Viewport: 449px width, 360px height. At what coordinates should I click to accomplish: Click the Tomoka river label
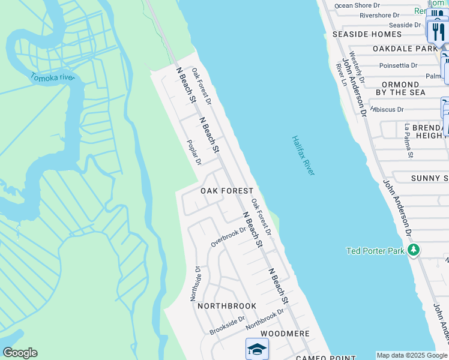(x=53, y=77)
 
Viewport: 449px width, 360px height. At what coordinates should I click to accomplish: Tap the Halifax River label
(x=303, y=155)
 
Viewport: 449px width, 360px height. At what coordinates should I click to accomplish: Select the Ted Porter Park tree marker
(x=413, y=250)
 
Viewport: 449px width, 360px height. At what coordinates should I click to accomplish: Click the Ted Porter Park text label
(x=375, y=251)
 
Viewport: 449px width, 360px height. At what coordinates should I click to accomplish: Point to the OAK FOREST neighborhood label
(x=227, y=191)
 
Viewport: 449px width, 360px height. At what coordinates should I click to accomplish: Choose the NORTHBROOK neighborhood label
(x=227, y=306)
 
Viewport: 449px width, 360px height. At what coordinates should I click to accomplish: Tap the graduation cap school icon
(x=257, y=349)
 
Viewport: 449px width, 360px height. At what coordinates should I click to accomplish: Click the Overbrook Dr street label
(x=228, y=236)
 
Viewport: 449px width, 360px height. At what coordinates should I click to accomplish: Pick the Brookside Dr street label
(x=227, y=326)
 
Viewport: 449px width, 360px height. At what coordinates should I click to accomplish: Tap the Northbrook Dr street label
(x=264, y=319)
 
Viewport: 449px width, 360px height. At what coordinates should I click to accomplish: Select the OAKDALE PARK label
(x=405, y=48)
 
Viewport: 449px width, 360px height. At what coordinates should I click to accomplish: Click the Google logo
(x=19, y=353)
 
